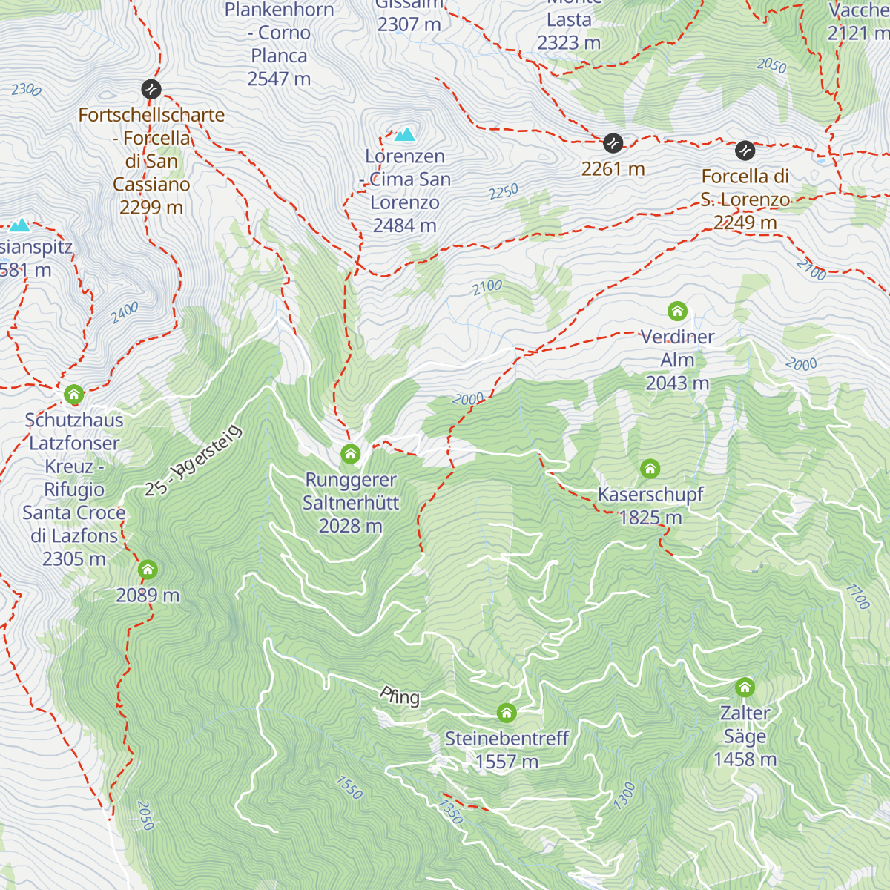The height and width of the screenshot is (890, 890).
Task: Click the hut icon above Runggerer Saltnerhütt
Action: [351, 454]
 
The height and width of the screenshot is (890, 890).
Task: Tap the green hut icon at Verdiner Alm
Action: [677, 311]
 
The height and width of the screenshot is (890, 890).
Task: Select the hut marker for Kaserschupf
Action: [650, 469]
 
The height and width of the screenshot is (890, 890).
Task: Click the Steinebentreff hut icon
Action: [507, 713]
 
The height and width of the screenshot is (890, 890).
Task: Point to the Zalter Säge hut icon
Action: [745, 688]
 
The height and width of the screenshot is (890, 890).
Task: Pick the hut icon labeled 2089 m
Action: [148, 570]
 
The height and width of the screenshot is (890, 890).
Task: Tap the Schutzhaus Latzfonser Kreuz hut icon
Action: [73, 395]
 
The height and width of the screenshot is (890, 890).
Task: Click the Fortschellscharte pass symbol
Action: [151, 90]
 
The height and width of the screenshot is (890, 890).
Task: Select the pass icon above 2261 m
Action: [613, 142]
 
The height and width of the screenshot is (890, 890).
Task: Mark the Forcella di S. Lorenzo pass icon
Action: [745, 151]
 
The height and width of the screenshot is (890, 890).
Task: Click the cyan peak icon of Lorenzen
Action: [404, 134]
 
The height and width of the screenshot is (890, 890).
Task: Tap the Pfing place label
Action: [400, 696]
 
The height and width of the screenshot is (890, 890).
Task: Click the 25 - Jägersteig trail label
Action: [194, 461]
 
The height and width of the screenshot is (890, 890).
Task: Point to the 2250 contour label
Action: [504, 192]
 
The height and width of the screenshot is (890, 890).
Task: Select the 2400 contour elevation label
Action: [125, 313]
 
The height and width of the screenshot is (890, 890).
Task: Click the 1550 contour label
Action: [349, 788]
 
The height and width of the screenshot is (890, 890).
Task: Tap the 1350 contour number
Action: [450, 811]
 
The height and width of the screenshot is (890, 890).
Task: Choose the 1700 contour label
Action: [857, 596]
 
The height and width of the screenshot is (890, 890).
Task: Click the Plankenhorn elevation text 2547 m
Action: [279, 79]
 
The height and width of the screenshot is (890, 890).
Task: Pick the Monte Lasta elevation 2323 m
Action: [569, 43]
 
